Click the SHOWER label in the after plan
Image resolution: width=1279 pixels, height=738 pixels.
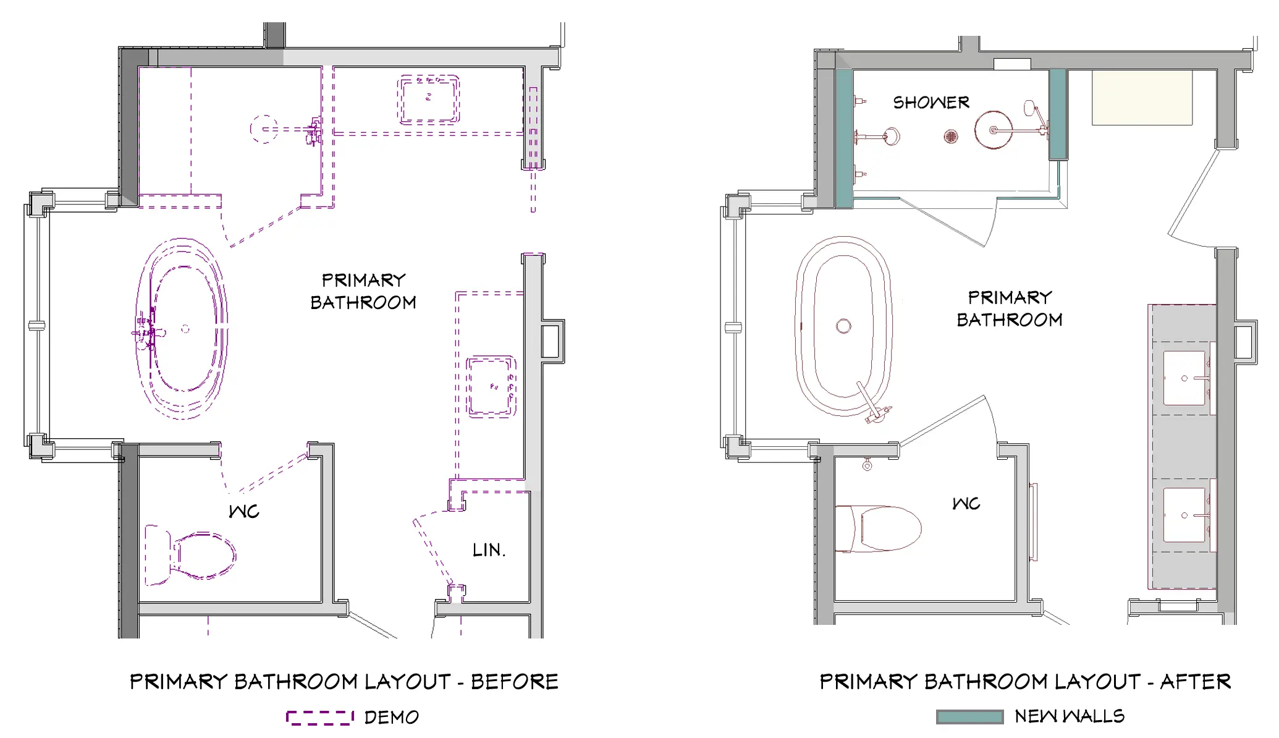coord(931,103)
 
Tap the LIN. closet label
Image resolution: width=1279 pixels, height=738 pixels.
coord(489,550)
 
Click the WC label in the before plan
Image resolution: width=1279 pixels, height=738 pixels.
coord(244,511)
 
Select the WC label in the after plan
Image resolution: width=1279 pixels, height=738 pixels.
coord(966,504)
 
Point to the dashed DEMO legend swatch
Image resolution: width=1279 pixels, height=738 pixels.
coord(319,717)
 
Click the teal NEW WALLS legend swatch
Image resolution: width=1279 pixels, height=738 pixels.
coord(969,716)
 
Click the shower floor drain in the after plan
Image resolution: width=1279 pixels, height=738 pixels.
coord(951,136)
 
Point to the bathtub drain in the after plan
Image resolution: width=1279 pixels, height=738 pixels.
coord(843,326)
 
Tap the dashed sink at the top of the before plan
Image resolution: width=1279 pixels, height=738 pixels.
coord(429,99)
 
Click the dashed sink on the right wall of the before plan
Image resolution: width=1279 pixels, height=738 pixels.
coord(491,386)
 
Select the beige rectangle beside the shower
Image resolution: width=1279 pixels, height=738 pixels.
coord(1142,98)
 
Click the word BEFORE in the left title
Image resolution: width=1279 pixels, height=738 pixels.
coord(515,682)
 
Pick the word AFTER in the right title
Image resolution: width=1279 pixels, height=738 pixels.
coord(1196,682)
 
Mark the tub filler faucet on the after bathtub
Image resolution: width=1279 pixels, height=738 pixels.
coord(871,405)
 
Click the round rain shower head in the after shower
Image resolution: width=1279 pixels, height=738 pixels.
coord(994,130)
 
